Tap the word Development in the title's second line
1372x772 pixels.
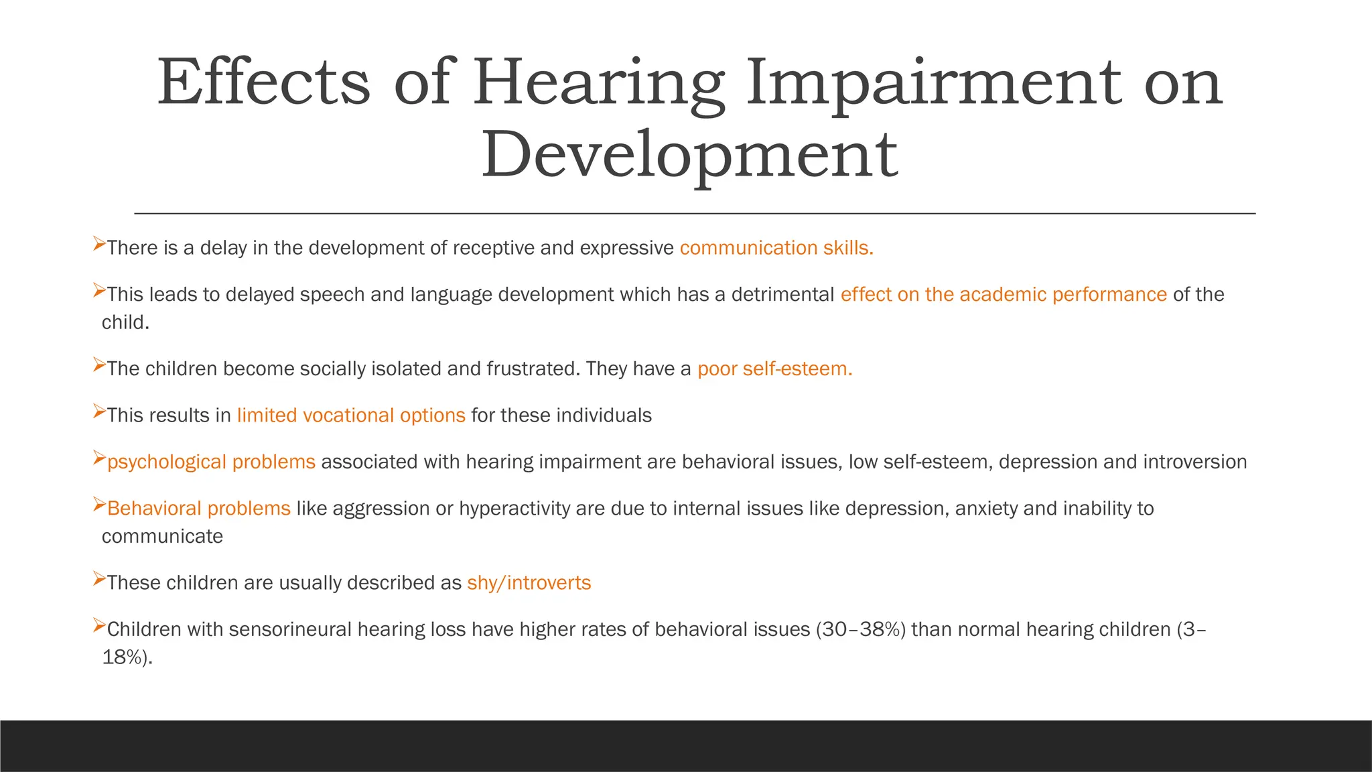point(689,155)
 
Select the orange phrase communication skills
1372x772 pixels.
point(776,248)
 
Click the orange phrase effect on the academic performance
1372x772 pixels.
point(1004,295)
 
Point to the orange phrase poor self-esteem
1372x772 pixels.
point(774,369)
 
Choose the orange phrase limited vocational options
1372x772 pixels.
point(351,415)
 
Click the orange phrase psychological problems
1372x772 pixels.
point(211,462)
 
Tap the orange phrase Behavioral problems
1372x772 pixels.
point(199,509)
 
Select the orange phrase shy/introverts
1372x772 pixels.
point(529,583)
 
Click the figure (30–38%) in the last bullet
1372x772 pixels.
point(860,629)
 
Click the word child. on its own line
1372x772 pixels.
point(125,323)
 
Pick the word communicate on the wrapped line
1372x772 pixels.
point(162,537)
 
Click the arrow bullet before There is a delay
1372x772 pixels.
point(98,243)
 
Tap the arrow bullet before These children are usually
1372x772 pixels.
point(98,578)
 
